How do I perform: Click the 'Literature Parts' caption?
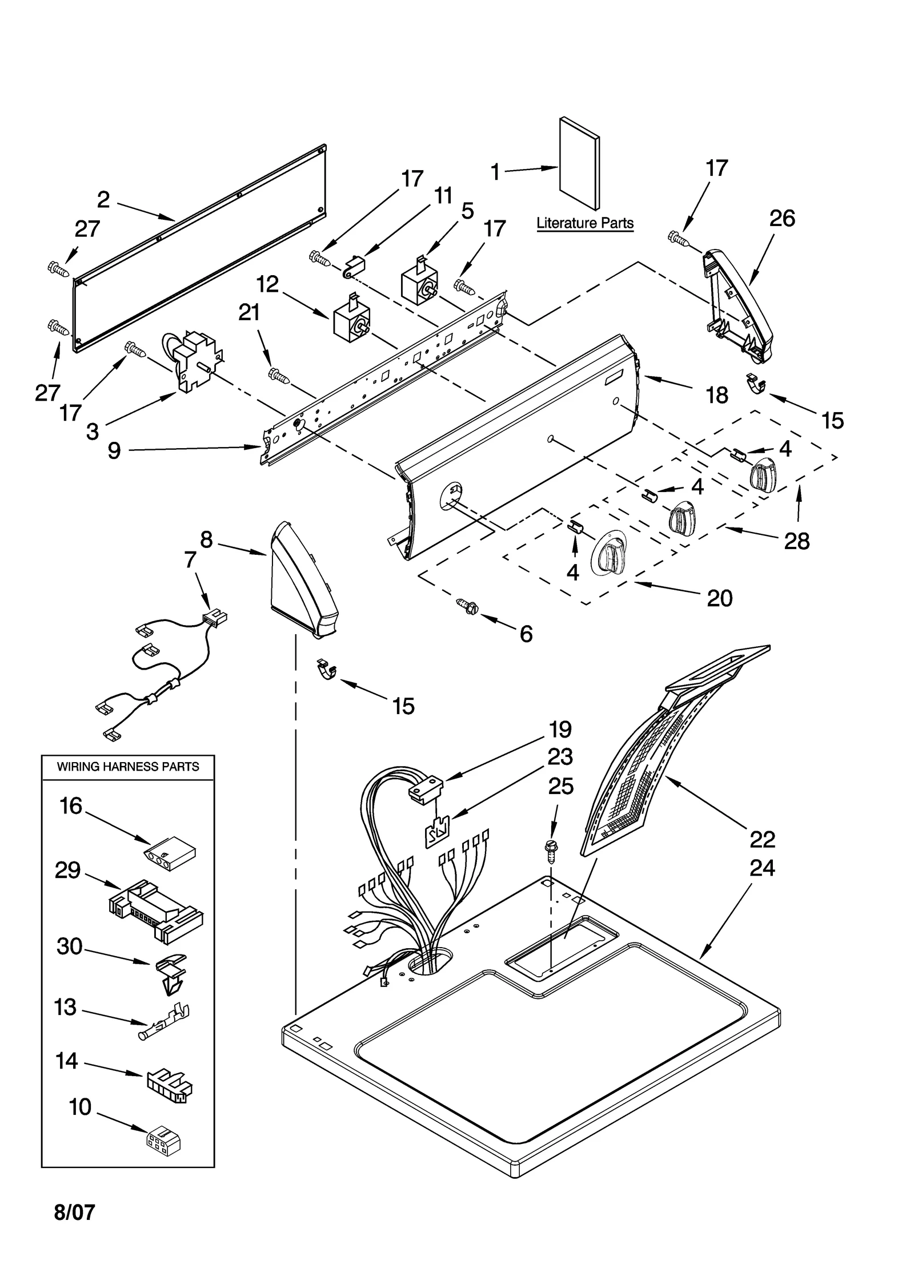[x=584, y=223]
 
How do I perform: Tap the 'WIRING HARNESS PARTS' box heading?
[x=127, y=767]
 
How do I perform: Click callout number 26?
[x=782, y=218]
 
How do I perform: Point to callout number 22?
[x=762, y=839]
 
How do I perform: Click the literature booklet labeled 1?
[x=579, y=164]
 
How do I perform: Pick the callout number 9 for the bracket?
[x=114, y=450]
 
